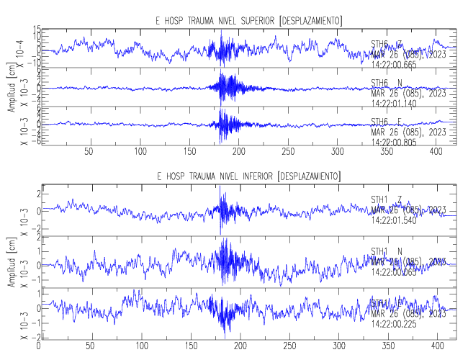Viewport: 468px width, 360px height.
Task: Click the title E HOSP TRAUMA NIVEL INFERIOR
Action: tap(248, 176)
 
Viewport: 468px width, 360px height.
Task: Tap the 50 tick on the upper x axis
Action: tap(89, 152)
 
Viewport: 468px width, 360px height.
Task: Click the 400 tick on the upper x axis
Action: tap(292, 152)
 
